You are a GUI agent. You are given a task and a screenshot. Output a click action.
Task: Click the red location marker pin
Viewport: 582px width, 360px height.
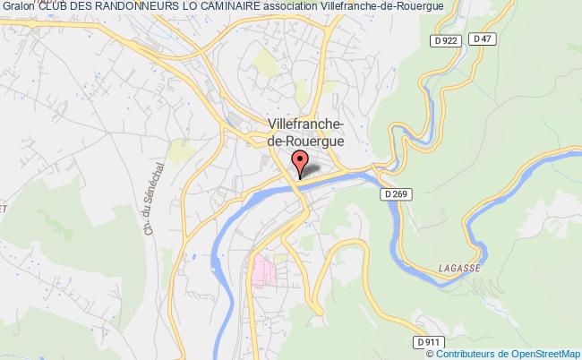click(300, 162)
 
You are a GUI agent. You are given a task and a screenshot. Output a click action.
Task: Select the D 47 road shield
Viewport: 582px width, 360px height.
click(484, 39)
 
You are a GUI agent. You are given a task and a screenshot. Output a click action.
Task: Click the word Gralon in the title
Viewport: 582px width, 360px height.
click(18, 7)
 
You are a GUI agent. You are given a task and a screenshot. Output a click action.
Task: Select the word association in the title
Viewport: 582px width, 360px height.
click(291, 7)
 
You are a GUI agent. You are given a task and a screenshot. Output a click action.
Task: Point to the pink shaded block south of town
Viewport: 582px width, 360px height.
click(264, 271)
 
